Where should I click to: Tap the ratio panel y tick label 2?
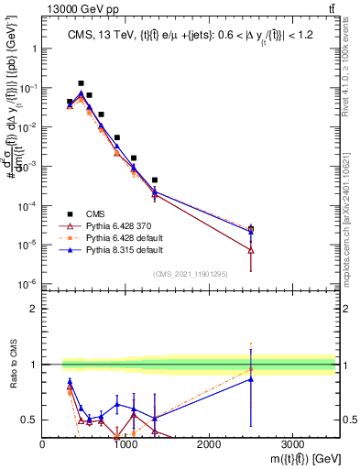click(33, 309)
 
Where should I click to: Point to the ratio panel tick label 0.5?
click(29, 420)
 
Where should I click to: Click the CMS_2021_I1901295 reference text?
click(190, 274)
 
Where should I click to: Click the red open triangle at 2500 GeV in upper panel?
click(251, 250)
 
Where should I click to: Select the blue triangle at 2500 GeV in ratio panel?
click(251, 379)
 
